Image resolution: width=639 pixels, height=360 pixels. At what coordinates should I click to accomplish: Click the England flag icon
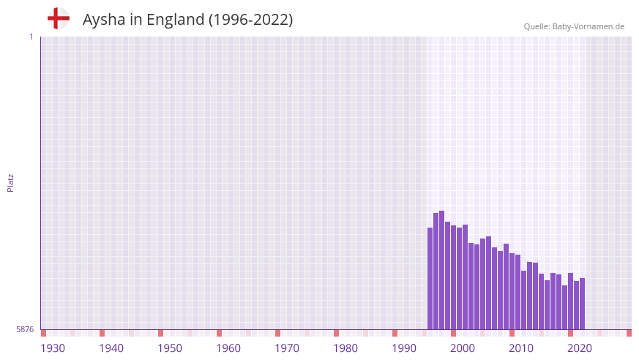(59, 18)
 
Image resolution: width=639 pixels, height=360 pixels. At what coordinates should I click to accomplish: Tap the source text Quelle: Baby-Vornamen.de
(574, 26)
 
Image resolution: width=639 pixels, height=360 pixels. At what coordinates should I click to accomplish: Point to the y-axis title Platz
(10, 182)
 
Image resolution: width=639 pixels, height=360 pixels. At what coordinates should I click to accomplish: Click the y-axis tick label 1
(31, 37)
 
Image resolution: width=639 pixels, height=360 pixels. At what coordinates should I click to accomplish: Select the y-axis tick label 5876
(25, 330)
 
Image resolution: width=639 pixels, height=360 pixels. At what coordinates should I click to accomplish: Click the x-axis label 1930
(53, 348)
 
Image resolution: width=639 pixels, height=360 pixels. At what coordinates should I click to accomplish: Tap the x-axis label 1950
(170, 348)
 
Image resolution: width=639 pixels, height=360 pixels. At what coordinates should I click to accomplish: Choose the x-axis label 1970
(287, 348)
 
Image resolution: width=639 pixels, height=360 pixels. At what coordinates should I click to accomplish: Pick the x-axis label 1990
(404, 348)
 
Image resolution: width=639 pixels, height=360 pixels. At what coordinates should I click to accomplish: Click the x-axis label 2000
(463, 348)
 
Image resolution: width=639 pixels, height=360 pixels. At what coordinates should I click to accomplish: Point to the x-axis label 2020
(580, 348)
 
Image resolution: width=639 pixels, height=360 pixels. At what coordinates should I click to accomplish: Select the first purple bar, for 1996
(430, 278)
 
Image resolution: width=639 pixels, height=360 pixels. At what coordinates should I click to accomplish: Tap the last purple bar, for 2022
(583, 304)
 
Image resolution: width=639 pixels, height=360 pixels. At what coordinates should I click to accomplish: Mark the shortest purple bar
(565, 307)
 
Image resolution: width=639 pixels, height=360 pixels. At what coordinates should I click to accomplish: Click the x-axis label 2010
(521, 348)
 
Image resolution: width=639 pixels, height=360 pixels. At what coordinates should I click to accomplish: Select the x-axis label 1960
(228, 348)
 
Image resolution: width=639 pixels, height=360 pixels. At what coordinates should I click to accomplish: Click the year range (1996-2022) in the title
(250, 20)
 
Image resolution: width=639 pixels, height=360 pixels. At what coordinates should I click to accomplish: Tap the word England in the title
(176, 20)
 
